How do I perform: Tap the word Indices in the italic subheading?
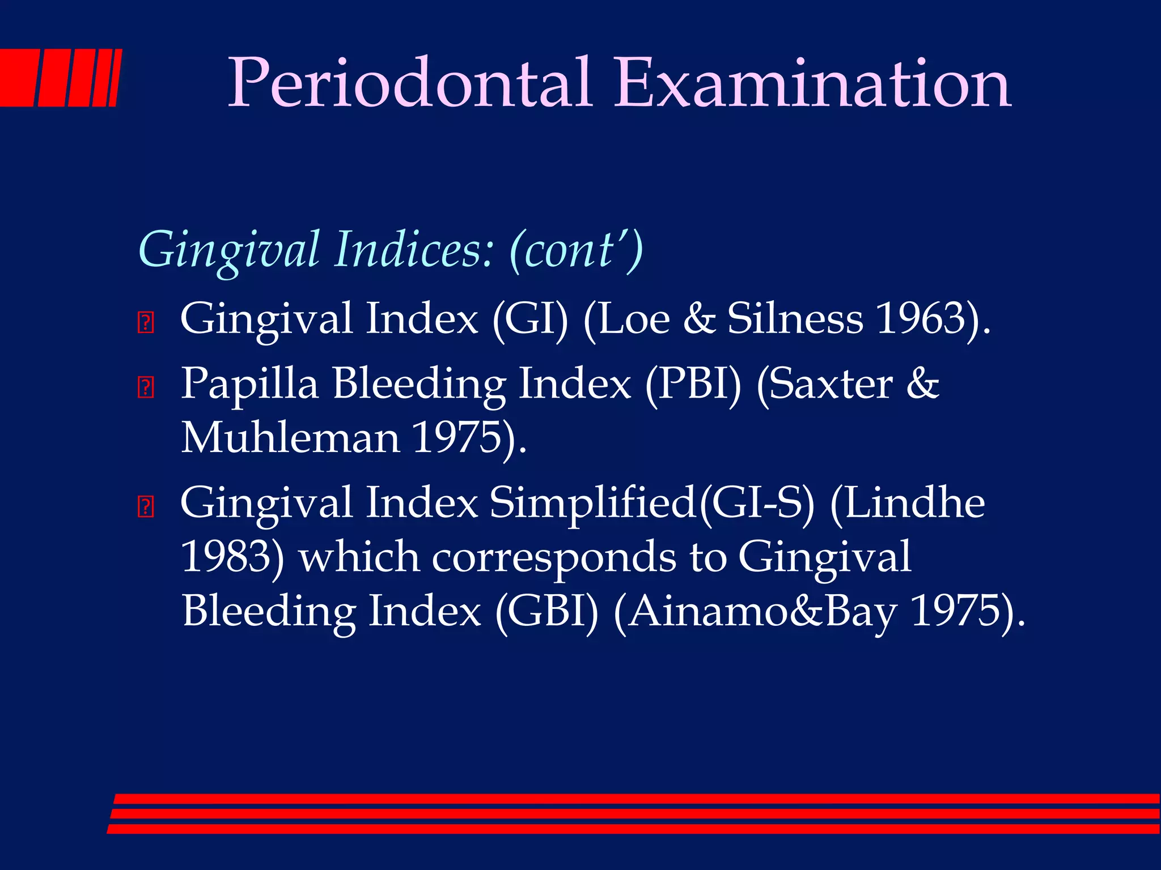point(414,250)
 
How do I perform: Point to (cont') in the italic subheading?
point(576,250)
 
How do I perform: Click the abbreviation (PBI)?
point(693,384)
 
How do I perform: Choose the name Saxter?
point(825,384)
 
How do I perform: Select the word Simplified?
point(592,504)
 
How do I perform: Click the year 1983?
point(227,557)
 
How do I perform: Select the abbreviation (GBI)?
point(546,612)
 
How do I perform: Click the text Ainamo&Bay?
point(756,612)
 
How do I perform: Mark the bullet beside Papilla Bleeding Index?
point(146,388)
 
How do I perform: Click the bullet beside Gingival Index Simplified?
point(146,506)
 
